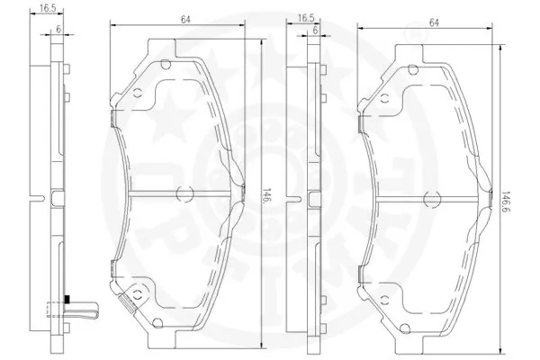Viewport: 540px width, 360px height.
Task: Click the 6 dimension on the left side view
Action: [58, 30]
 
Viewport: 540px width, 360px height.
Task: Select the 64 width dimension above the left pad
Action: [184, 18]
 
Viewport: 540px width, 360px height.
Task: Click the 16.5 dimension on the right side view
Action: [306, 17]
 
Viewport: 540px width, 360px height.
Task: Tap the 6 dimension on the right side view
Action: [317, 31]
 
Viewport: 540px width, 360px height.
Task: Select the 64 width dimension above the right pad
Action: [434, 22]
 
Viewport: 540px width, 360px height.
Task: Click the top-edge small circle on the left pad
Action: [165, 63]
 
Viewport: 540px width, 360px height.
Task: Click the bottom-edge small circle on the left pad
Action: [165, 322]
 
